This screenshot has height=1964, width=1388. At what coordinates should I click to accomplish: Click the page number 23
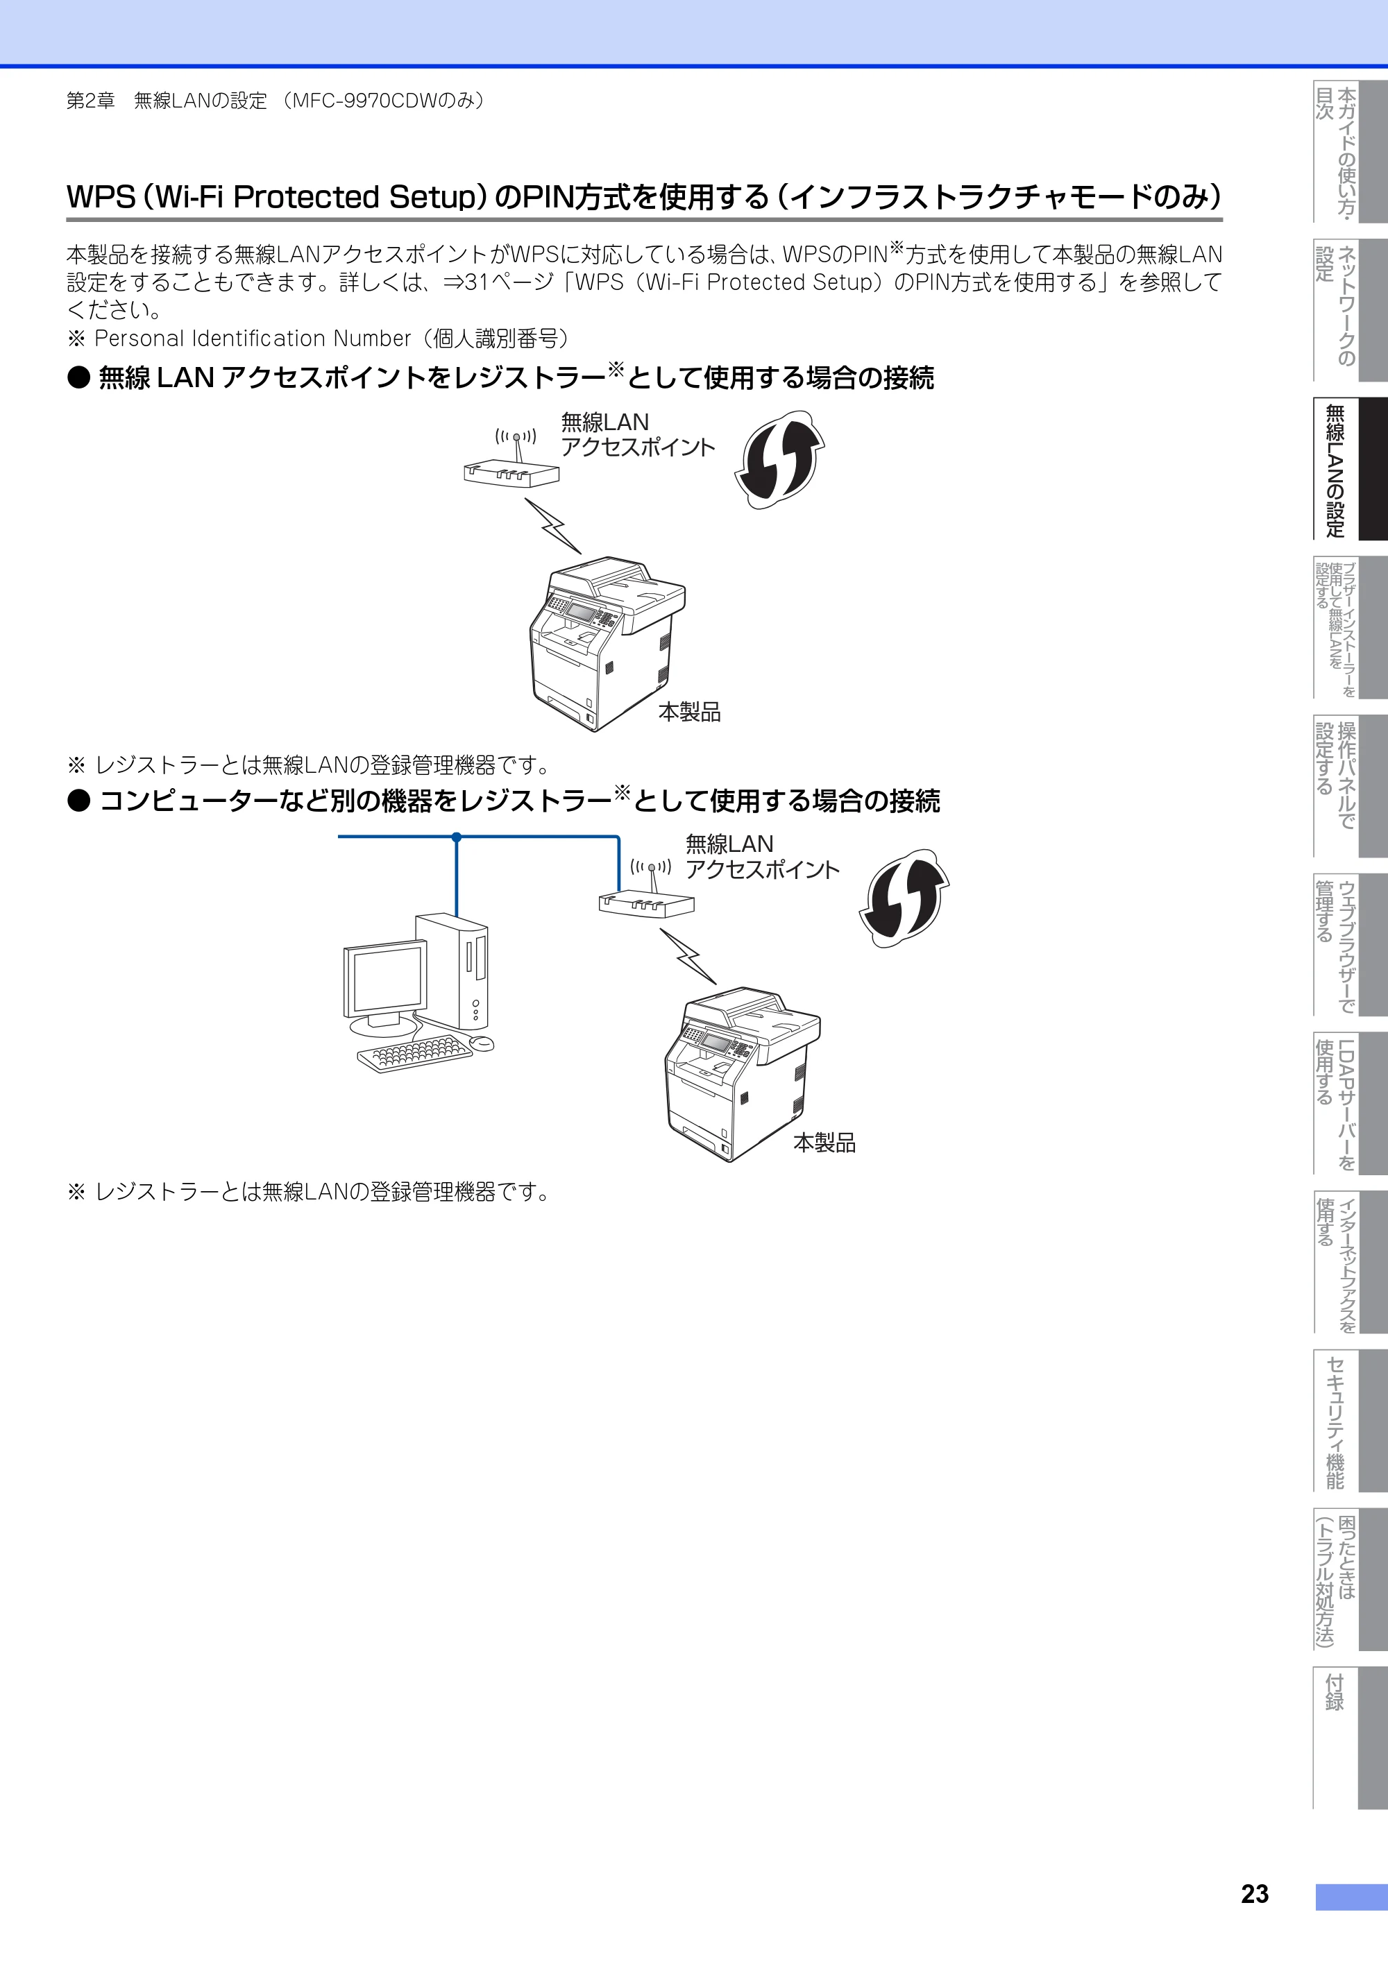click(x=1255, y=1893)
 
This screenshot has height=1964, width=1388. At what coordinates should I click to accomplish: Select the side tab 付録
click(x=1351, y=1736)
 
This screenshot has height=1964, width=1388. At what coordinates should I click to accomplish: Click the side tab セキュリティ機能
click(x=1351, y=1420)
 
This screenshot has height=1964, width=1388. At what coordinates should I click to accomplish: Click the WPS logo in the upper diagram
click(x=779, y=459)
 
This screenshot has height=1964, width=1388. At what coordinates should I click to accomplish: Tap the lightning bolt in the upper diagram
click(x=553, y=526)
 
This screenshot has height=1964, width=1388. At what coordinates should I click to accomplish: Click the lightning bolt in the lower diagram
click(x=688, y=957)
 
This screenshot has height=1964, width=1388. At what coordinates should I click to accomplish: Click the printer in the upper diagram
click(x=607, y=644)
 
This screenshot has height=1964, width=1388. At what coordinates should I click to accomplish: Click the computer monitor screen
click(x=386, y=980)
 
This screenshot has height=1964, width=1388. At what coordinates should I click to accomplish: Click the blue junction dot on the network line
click(x=456, y=837)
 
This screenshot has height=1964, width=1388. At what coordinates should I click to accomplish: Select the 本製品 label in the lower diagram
click(x=824, y=1143)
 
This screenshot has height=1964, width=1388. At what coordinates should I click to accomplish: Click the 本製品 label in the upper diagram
click(x=689, y=712)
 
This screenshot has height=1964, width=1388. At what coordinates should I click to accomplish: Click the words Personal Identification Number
click(x=253, y=339)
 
